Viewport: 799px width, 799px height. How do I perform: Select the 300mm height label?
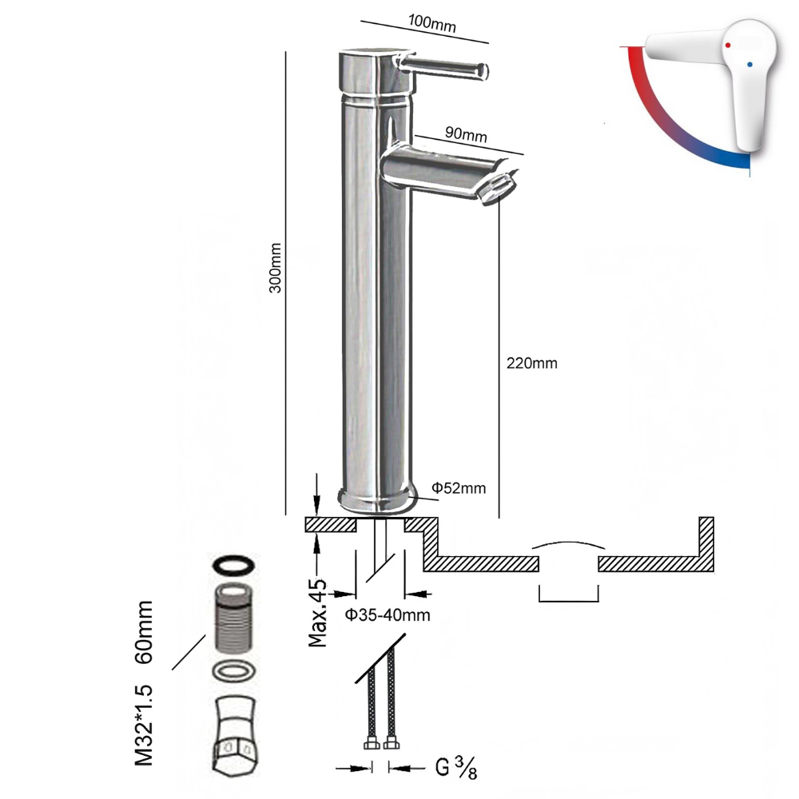click(x=275, y=268)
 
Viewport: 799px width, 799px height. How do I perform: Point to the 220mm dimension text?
click(x=531, y=363)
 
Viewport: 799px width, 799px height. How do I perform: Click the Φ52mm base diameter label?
click(x=459, y=487)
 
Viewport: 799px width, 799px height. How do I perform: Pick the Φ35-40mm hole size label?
click(x=388, y=614)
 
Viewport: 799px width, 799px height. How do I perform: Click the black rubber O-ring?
click(x=233, y=566)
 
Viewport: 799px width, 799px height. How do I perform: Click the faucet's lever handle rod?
click(x=447, y=67)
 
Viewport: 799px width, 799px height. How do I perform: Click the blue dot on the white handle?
click(x=749, y=63)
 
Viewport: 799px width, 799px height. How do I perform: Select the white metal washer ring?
click(x=234, y=670)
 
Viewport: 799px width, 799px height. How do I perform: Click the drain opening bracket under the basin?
click(x=569, y=594)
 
